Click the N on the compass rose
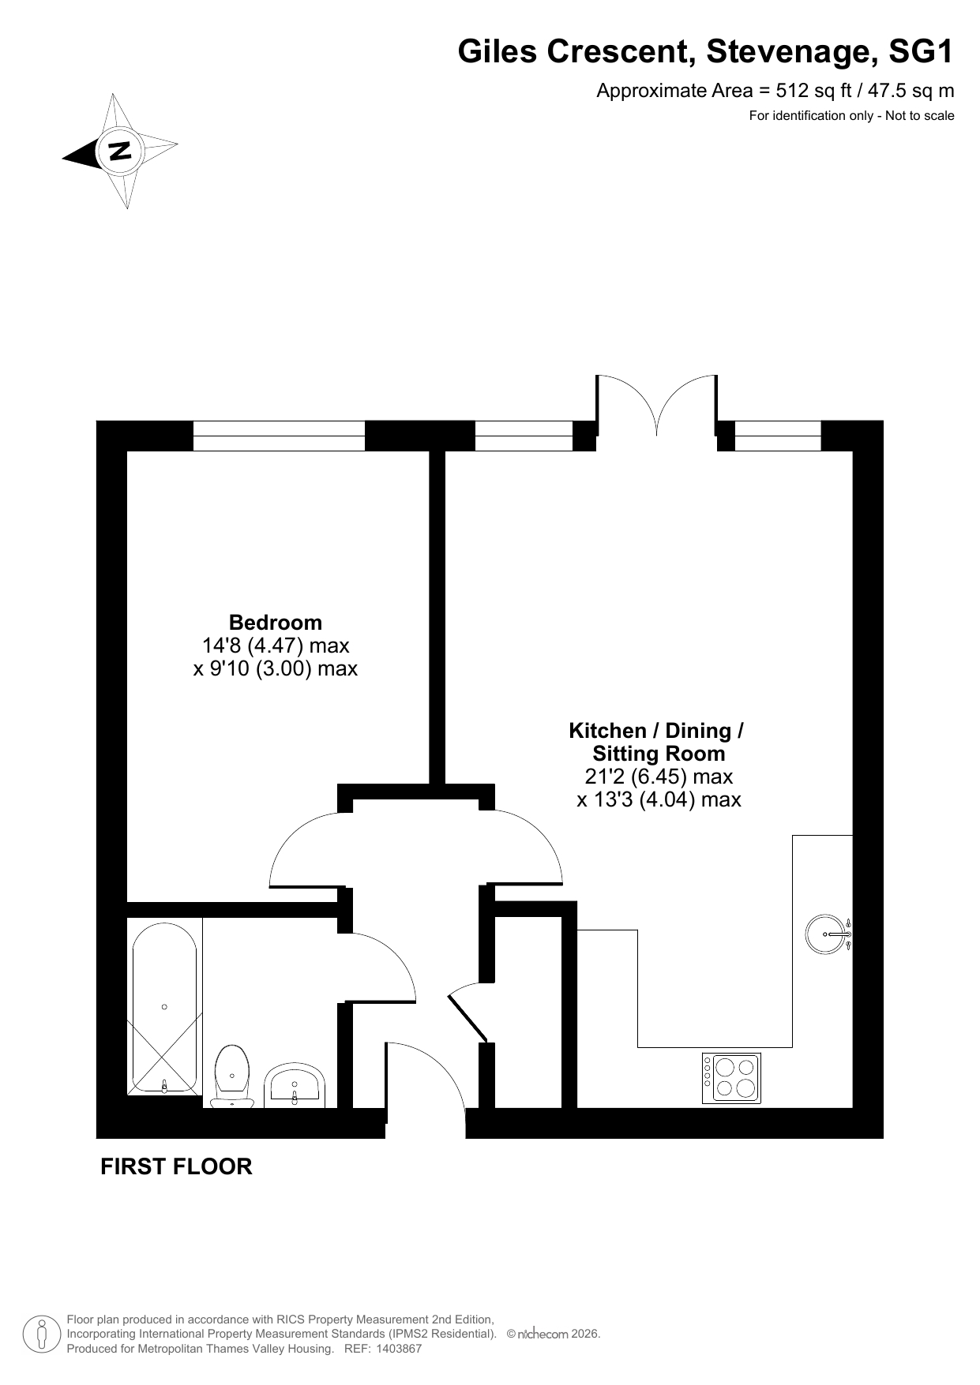pos(120,150)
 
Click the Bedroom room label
pos(276,622)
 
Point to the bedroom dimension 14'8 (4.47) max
pos(276,646)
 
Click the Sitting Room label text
pos(659,754)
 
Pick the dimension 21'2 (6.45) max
pos(659,777)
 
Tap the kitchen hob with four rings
pos(731,1078)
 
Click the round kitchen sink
pos(826,934)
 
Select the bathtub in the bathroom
pos(164,1008)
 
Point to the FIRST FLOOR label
pos(176,1166)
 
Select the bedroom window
pos(279,436)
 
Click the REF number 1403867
pos(400,1349)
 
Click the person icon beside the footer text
pos(43,1334)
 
